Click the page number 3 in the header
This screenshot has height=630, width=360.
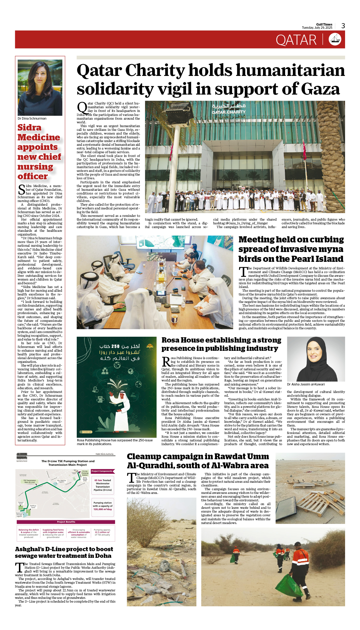pos(343,26)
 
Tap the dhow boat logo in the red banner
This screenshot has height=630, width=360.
pos(335,39)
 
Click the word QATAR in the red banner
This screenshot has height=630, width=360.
pos(296,40)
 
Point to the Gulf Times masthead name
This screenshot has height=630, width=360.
pos(324,25)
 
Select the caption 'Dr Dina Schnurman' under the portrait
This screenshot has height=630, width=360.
pos(32,119)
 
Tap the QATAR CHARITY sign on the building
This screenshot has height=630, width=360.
pos(229,112)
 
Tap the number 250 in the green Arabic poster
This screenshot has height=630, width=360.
pos(115,346)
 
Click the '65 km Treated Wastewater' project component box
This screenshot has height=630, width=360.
pos(103,485)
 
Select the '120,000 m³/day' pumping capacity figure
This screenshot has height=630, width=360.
pos(103,509)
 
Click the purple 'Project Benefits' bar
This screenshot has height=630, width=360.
pos(66,522)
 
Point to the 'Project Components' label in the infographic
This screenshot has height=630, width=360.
pos(102,471)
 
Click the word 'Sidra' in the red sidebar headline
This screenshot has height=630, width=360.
pos(30,128)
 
